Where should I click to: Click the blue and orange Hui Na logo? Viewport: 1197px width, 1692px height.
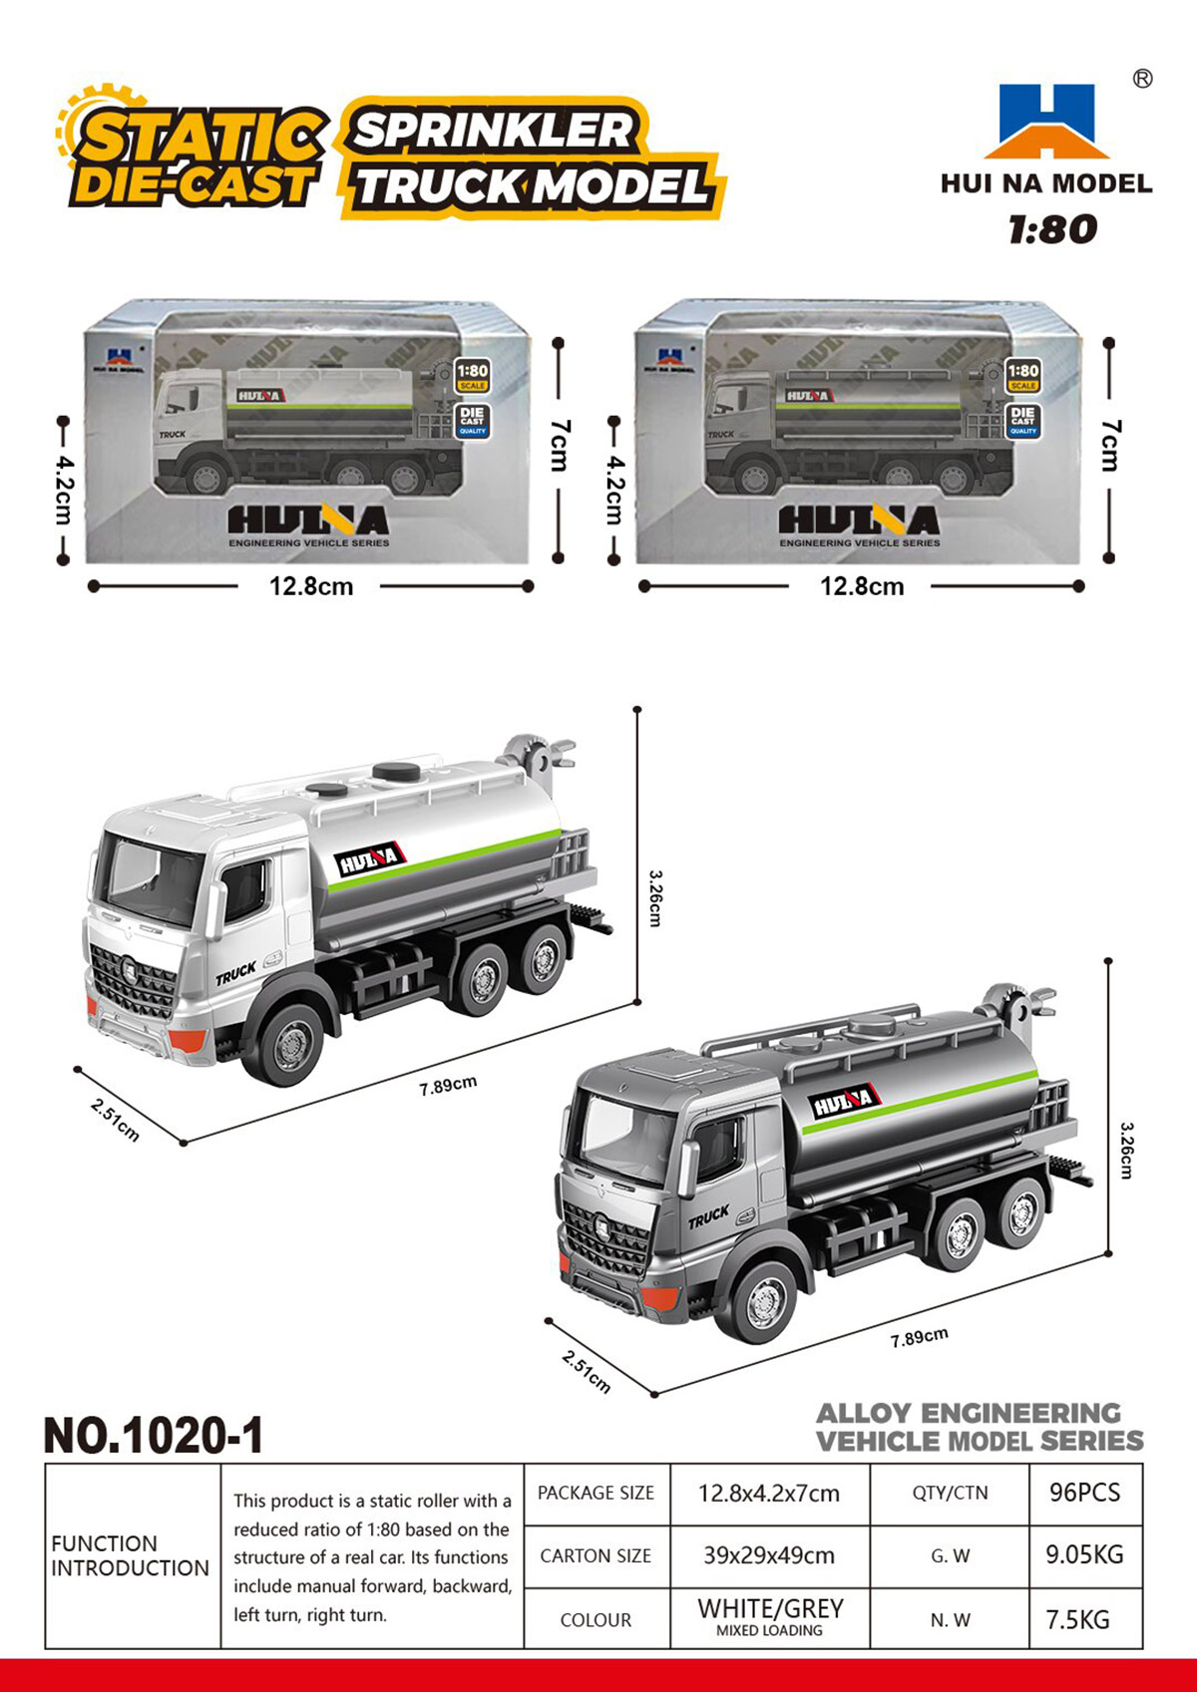point(1046,122)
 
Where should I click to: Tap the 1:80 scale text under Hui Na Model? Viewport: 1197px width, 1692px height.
point(1052,230)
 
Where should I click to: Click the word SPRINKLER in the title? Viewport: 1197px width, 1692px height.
point(494,131)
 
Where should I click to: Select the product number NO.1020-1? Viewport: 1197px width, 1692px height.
point(155,1436)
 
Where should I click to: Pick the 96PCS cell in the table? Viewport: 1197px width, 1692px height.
point(1084,1493)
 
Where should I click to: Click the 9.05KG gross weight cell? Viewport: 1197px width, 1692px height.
point(1084,1554)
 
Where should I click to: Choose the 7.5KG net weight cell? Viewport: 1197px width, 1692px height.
point(1077,1619)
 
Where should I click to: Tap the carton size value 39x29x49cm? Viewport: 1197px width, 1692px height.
point(769,1554)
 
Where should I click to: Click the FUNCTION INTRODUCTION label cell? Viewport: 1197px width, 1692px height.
point(130,1555)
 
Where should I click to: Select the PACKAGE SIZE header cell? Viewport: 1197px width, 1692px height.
point(596,1493)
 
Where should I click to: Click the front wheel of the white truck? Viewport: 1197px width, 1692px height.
point(291,1045)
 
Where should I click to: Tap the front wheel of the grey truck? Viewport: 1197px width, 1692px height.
point(764,1301)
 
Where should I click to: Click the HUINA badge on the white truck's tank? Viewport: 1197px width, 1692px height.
point(368,860)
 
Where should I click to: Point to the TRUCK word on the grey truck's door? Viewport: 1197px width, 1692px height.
point(708,1217)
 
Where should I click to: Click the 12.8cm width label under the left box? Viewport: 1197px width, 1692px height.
point(311,586)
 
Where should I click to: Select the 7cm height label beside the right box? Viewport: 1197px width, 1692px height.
point(1111,446)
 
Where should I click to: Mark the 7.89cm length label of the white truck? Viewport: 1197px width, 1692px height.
point(448,1085)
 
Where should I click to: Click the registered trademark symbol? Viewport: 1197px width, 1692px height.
point(1143,79)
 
